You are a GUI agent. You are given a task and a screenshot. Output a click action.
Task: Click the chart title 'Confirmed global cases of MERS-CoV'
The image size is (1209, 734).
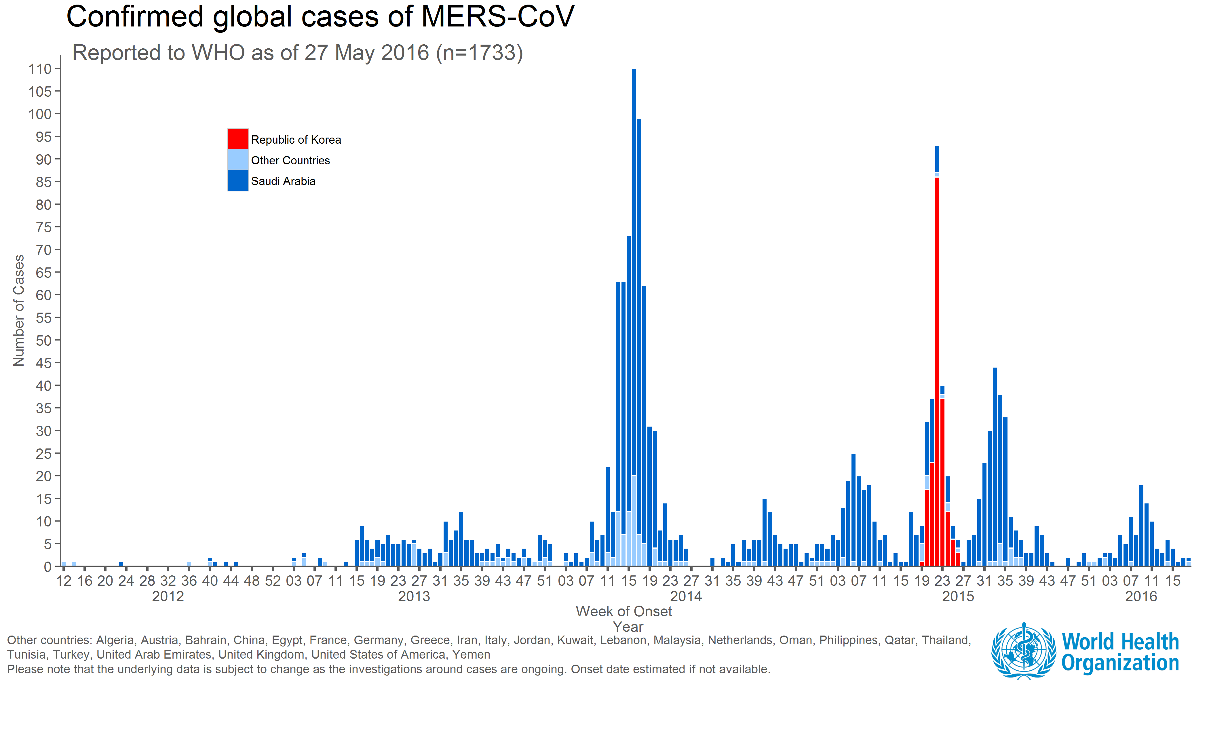tap(320, 17)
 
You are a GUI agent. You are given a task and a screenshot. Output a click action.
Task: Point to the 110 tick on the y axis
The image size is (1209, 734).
tap(40, 69)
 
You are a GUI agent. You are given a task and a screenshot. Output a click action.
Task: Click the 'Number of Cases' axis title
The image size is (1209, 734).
tap(19, 311)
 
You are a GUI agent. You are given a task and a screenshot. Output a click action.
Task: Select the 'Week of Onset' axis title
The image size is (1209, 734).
tap(623, 611)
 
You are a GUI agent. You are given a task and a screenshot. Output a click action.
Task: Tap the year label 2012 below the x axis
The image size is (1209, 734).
tap(168, 597)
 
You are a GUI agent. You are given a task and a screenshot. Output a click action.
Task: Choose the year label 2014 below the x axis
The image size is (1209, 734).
tap(686, 597)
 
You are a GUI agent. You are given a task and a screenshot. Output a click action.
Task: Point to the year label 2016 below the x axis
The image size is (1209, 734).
tap(1141, 597)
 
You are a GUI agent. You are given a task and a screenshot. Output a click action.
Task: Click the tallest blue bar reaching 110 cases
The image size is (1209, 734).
tap(634, 294)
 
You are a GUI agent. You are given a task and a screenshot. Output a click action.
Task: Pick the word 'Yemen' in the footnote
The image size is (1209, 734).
tap(471, 655)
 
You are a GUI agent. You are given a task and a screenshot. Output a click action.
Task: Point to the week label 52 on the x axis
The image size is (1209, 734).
tap(273, 581)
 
